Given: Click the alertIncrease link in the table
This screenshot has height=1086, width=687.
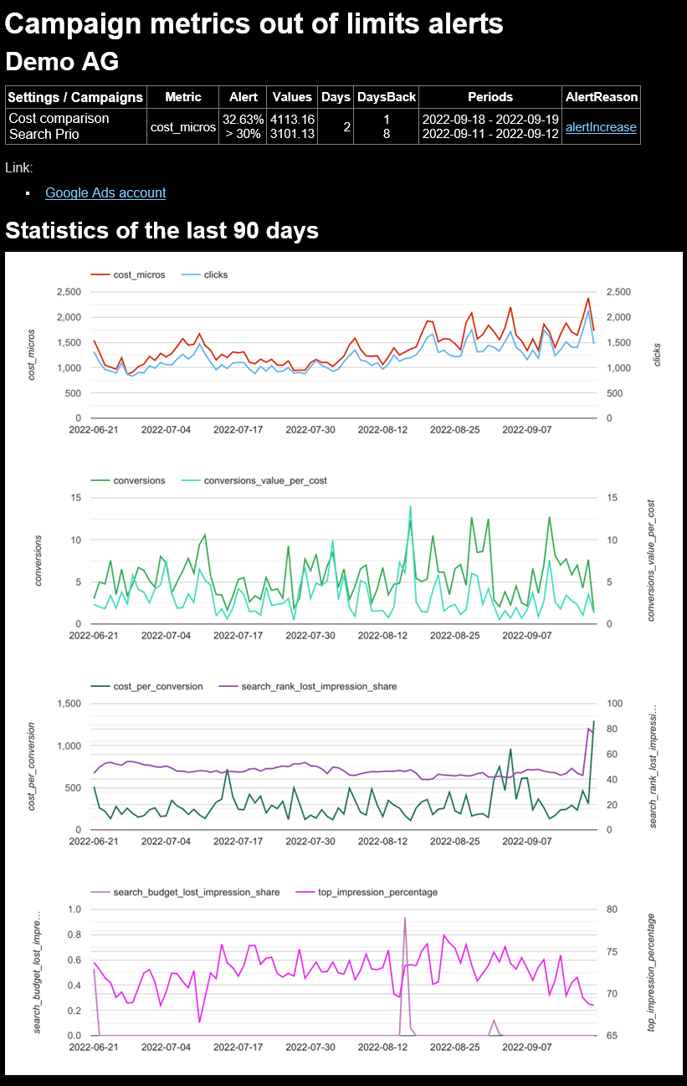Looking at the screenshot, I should [601, 127].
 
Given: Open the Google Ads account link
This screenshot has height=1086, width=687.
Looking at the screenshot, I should [105, 192].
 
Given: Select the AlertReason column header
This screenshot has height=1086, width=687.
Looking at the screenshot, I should [601, 97].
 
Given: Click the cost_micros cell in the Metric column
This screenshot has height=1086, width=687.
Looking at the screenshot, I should [182, 127].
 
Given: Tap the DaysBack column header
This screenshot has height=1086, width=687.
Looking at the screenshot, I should [386, 97].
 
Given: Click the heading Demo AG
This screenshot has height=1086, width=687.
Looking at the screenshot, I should [62, 61].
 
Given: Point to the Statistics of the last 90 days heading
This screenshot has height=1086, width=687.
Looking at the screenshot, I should [161, 230].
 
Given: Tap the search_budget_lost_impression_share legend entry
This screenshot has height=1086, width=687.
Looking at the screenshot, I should [197, 892].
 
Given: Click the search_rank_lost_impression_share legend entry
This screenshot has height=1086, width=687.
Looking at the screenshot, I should [319, 686].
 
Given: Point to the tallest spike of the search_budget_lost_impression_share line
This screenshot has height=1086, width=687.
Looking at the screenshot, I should [405, 918].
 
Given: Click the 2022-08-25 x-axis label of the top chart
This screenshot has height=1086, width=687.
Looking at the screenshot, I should [454, 430].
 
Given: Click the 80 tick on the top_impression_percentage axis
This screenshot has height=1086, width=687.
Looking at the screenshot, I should [612, 909].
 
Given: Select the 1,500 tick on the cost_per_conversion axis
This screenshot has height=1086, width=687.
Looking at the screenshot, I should [69, 704].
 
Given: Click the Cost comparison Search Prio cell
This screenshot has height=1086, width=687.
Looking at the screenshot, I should [59, 126].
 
